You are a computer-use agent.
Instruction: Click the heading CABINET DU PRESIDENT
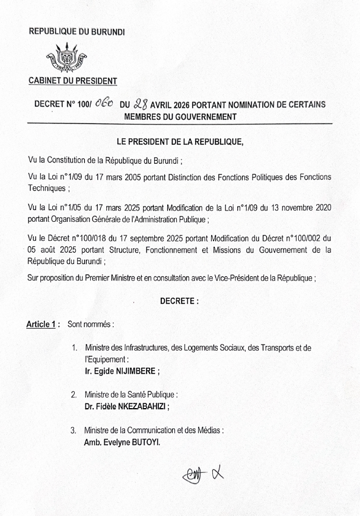[x=72, y=81]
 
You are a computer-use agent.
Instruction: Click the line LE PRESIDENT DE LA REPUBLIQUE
[x=180, y=142]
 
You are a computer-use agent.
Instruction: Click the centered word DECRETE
[x=179, y=301]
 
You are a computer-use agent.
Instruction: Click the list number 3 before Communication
[x=74, y=430]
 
